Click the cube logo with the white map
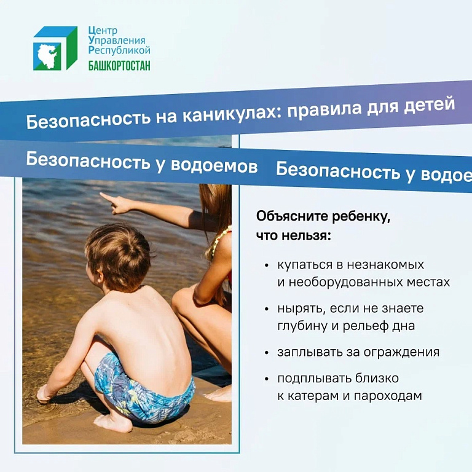pyautogui.click(x=55, y=48)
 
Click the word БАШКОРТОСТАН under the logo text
pyautogui.click(x=119, y=65)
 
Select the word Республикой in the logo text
pyautogui.click(x=119, y=50)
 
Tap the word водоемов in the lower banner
pyautogui.click(x=214, y=165)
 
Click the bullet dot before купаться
pyautogui.click(x=266, y=265)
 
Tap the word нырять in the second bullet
pyautogui.click(x=301, y=309)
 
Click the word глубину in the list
pyautogui.click(x=302, y=326)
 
